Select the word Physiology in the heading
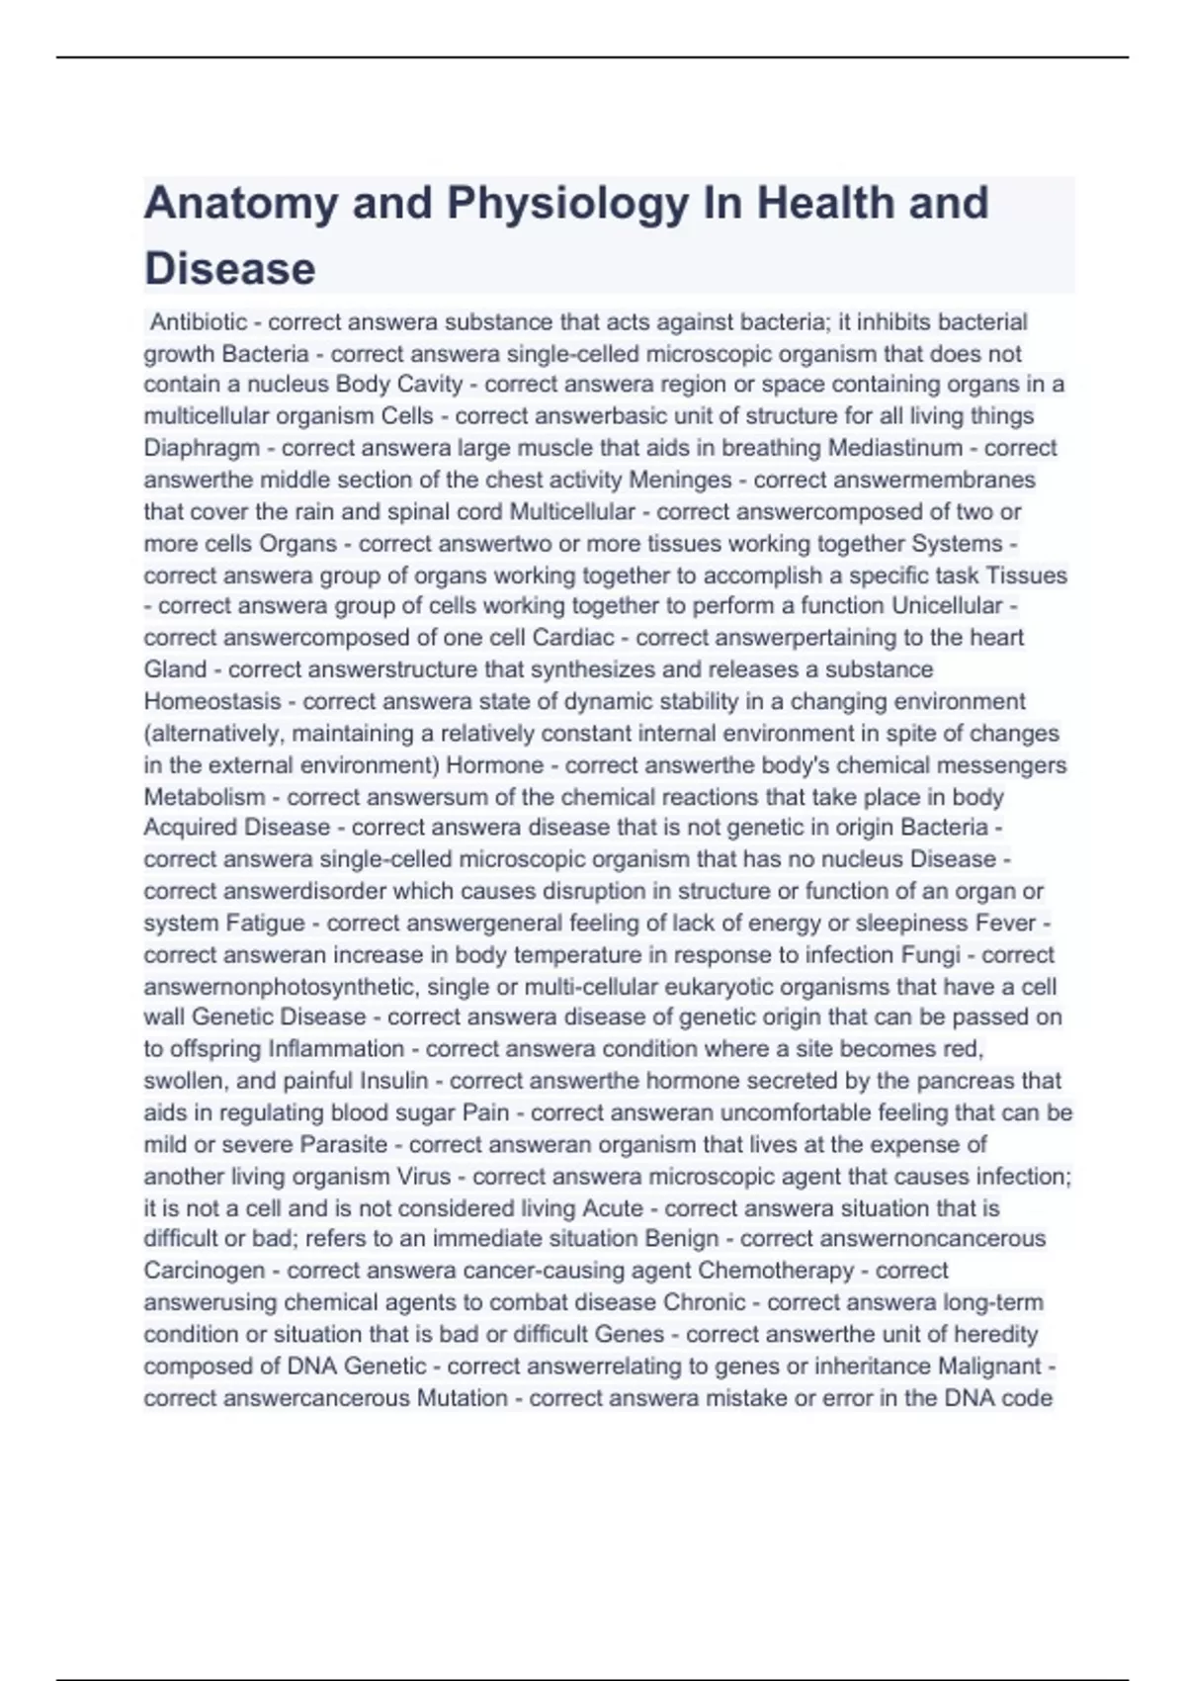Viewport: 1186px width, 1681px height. tap(567, 204)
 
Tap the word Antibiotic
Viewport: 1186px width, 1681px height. tap(199, 322)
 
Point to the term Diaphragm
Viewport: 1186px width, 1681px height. tap(202, 448)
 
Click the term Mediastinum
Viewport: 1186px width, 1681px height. tap(895, 448)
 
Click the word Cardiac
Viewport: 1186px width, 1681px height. tap(573, 638)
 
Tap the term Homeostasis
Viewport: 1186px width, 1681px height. tap(212, 701)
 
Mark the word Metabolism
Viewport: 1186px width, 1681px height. tap(205, 797)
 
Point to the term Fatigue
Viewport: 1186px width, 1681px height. tap(266, 923)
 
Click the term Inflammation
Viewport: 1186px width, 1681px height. tap(336, 1049)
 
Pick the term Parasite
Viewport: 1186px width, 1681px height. tap(344, 1144)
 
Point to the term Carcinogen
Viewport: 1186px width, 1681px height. tap(205, 1271)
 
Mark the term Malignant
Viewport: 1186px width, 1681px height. tap(989, 1367)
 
